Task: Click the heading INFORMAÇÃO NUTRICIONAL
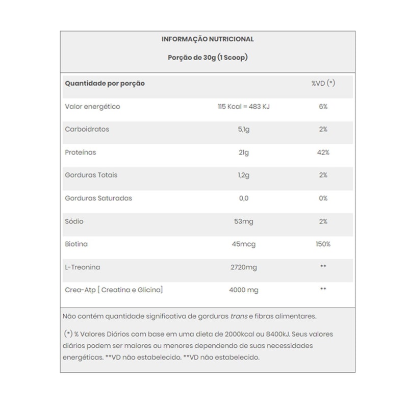[x=208, y=39]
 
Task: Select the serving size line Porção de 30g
[x=208, y=58]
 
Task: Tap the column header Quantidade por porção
[x=105, y=83]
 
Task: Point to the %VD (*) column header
[x=323, y=83]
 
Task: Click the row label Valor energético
[x=92, y=107]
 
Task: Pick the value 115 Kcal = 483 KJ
[x=243, y=107]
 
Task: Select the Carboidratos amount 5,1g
[x=243, y=130]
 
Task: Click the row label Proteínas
[x=81, y=152]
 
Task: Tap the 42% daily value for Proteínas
[x=323, y=152]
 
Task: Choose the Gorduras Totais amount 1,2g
[x=243, y=175]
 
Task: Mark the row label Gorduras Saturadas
[x=98, y=198]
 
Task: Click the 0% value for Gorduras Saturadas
[x=323, y=198]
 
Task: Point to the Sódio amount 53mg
[x=243, y=221]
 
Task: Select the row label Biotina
[x=76, y=244]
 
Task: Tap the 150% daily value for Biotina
[x=323, y=244]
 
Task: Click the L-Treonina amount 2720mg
[x=243, y=267]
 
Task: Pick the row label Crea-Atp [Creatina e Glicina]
[x=114, y=290]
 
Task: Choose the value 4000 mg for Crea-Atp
[x=243, y=290]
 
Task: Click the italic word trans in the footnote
[x=239, y=316]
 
